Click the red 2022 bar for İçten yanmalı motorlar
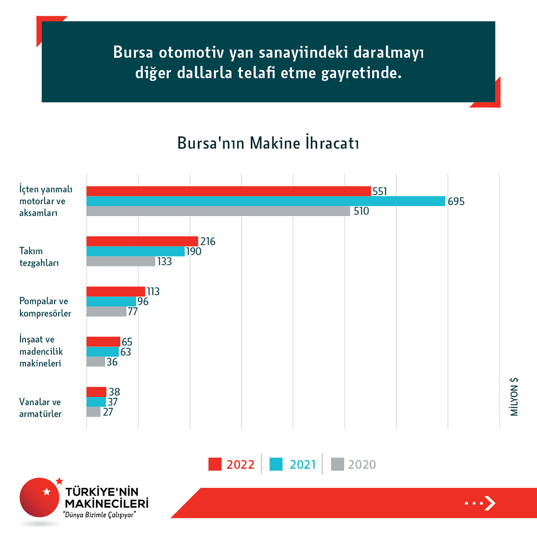tap(229, 191)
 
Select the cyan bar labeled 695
tap(266, 201)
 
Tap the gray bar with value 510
tap(218, 211)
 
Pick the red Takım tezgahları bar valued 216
tap(142, 241)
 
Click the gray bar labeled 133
tap(121, 261)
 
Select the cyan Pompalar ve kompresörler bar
tap(111, 301)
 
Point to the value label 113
tap(153, 292)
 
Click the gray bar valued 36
tap(95, 362)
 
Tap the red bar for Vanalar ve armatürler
tap(96, 392)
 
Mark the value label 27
tap(108, 412)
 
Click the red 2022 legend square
tap(214, 464)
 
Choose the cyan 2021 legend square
tap(276, 464)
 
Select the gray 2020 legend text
tap(362, 464)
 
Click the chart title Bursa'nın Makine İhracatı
tap(268, 143)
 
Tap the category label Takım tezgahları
tap(39, 257)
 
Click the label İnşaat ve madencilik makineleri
tap(41, 351)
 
